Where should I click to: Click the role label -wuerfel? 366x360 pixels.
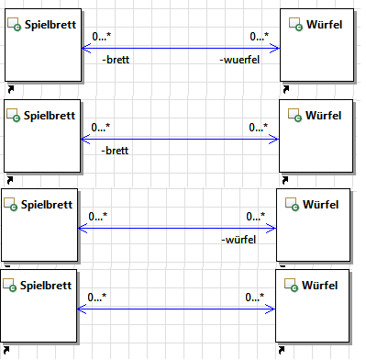pos(239,60)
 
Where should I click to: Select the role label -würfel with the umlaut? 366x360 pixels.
pos(238,240)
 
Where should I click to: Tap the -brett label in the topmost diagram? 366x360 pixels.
pos(116,60)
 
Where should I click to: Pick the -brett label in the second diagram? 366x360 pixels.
pos(115,151)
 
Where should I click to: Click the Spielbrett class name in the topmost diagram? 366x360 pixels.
pos(50,25)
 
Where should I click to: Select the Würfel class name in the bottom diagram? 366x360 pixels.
pos(320,286)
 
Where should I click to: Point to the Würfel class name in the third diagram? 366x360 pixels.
pos(321,205)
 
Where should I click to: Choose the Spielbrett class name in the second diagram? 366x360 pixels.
pos(50,116)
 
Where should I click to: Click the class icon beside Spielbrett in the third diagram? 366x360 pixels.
pos(10,205)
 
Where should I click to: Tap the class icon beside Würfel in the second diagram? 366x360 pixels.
pos(294,116)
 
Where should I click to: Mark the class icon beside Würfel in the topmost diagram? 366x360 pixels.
pos(295,25)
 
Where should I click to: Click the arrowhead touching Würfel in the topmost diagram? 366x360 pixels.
pos(274,48)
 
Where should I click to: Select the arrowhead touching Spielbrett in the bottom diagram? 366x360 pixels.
pos(83,309)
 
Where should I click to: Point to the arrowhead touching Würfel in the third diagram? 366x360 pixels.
pos(271,228)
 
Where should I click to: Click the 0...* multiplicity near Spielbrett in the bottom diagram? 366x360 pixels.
pos(97,298)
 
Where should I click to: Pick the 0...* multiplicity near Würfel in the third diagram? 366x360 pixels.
pos(256,217)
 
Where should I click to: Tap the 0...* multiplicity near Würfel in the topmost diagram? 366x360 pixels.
pos(260,37)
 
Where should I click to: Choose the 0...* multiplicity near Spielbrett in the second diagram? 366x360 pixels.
pos(101,127)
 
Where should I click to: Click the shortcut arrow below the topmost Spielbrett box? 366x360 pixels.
pos(11,89)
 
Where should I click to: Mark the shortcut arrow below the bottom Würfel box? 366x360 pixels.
pos(282,350)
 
